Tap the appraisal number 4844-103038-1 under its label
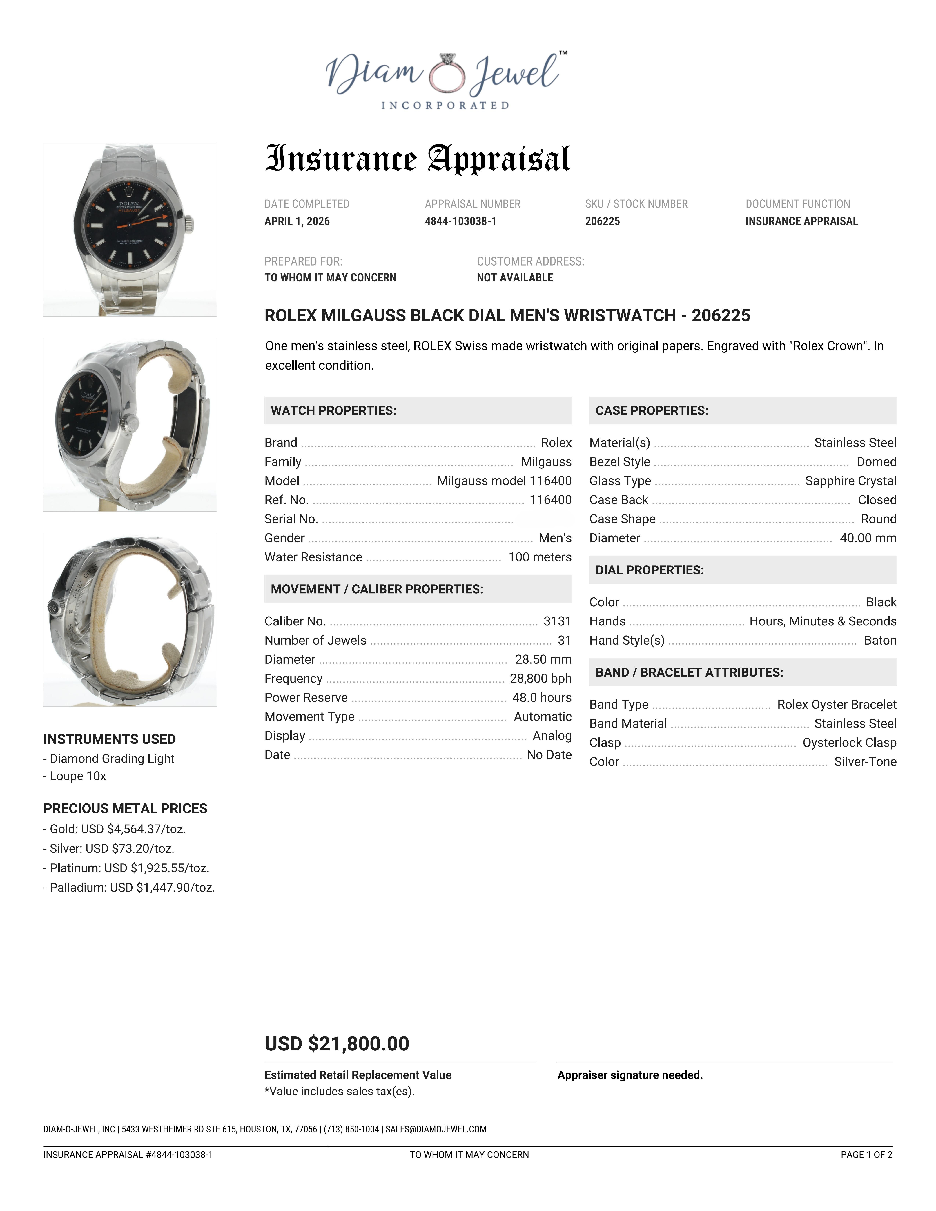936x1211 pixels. [x=460, y=221]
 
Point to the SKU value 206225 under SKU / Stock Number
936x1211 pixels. [x=602, y=221]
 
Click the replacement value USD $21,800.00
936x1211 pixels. [x=337, y=1043]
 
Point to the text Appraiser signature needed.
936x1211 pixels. [x=630, y=1075]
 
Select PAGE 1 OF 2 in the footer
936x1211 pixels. [x=866, y=1154]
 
